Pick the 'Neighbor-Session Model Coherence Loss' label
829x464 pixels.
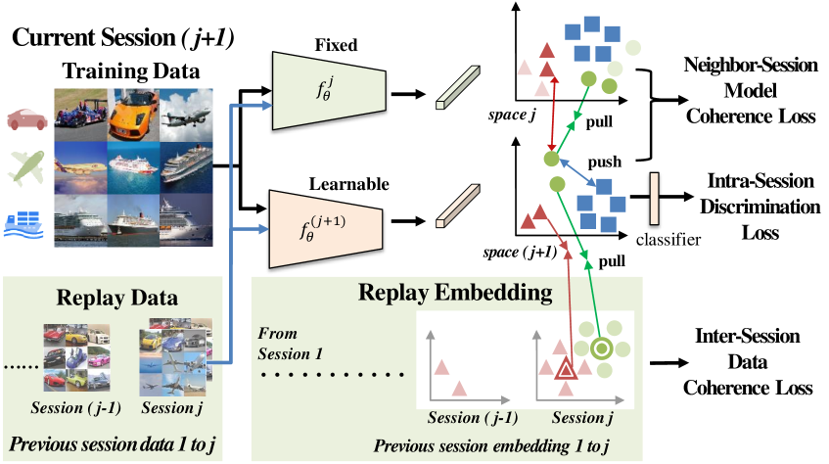point(750,91)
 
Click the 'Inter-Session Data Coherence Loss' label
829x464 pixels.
point(750,362)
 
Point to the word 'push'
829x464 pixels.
point(604,158)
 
